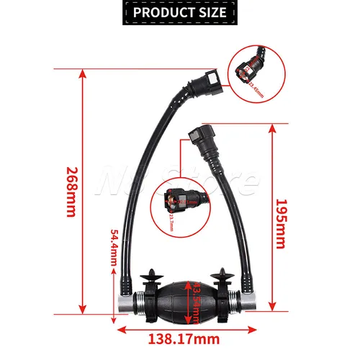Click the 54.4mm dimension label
(x=114, y=247)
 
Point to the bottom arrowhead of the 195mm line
(x=272, y=309)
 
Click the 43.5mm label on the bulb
(x=197, y=296)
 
